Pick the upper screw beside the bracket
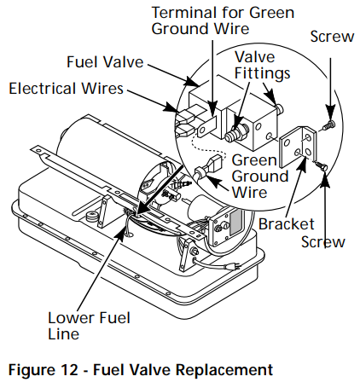coord(330,125)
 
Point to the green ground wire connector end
coord(205,173)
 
